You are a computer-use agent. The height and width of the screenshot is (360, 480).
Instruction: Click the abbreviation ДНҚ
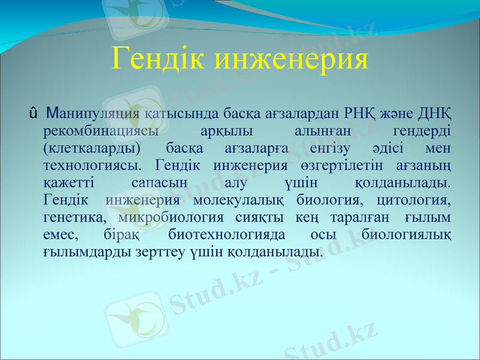432,112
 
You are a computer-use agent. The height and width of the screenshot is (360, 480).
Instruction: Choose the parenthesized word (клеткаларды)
92,147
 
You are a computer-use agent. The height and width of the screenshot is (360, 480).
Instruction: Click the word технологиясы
92,164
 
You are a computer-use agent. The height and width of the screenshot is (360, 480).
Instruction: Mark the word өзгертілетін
341,164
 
